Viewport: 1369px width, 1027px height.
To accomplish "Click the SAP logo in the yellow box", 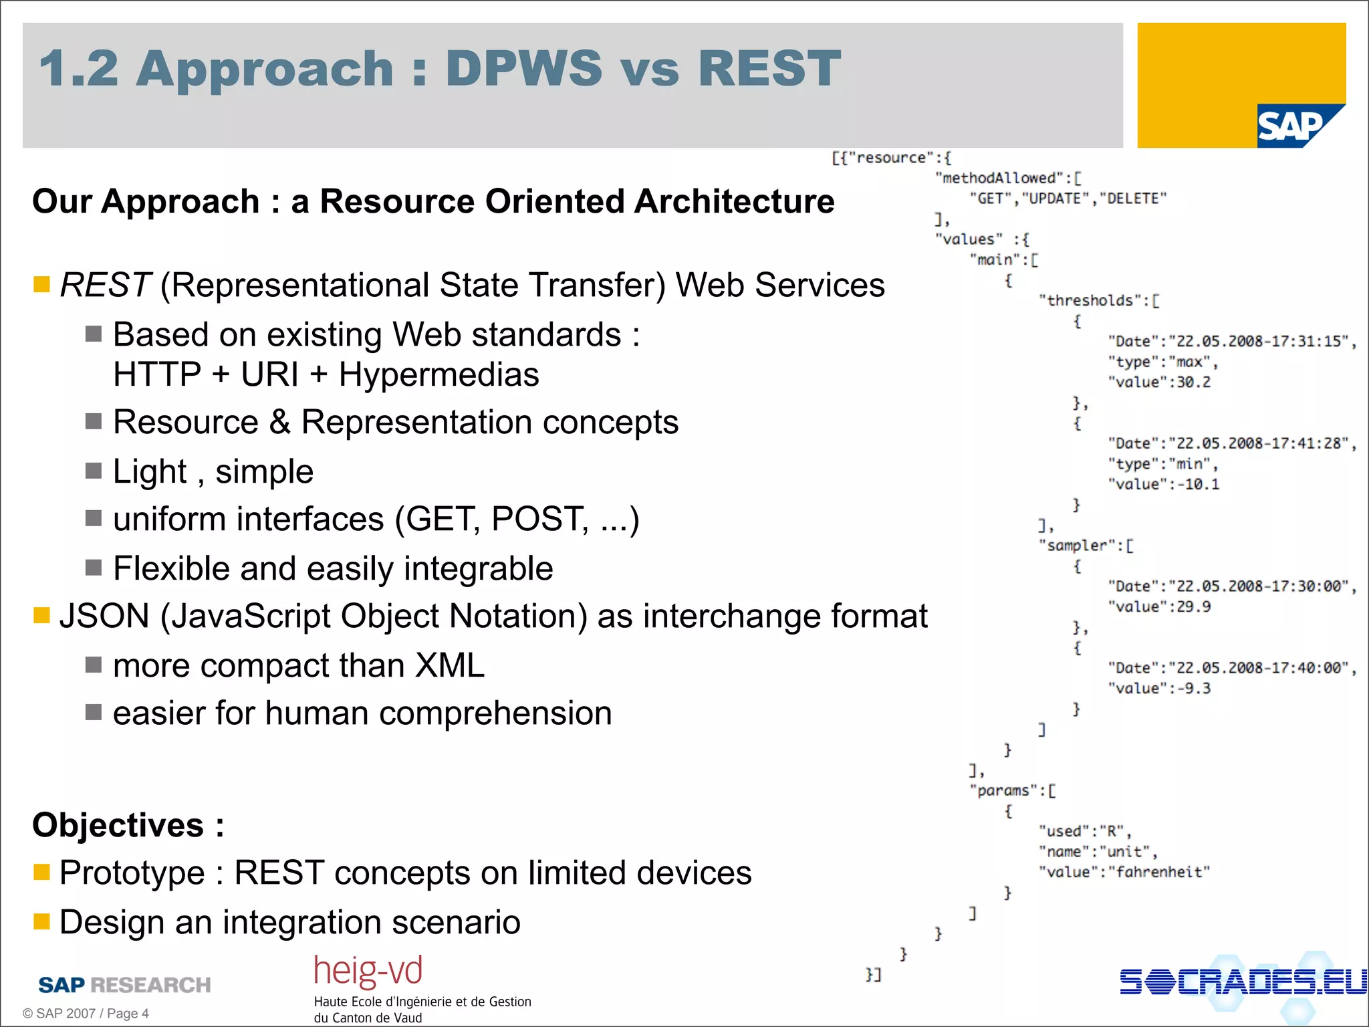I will [1291, 126].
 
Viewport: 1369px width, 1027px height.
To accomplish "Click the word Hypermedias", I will [439, 374].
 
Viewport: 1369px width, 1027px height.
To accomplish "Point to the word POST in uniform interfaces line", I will [539, 520].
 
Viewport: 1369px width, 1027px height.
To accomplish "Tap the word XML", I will [449, 666].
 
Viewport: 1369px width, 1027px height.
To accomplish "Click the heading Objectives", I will [118, 825].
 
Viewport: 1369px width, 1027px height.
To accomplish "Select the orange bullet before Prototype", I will [41, 872].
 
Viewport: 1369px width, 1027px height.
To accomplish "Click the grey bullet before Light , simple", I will [94, 471].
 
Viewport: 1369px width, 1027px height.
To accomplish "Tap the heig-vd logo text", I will [368, 971].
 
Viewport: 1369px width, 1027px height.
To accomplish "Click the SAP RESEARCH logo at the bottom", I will [124, 985].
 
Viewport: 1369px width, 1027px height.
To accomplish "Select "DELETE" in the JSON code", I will [1133, 199].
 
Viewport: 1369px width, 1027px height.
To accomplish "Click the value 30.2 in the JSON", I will [1193, 382].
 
